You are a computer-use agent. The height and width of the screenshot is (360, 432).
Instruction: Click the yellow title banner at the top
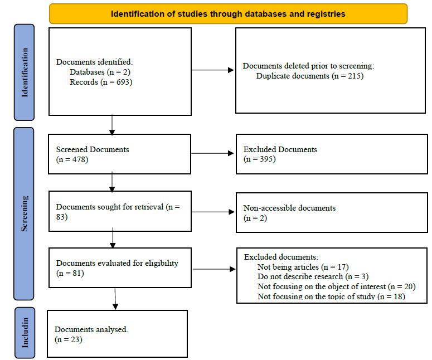pyautogui.click(x=228, y=14)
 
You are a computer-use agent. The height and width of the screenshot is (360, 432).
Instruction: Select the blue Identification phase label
pyautogui.click(x=24, y=72)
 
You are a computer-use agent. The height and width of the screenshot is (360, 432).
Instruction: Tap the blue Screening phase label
pyautogui.click(x=24, y=215)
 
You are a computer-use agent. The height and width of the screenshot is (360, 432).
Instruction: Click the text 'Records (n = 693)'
pyautogui.click(x=101, y=82)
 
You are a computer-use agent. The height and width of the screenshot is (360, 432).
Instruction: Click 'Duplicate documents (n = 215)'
pyautogui.click(x=309, y=75)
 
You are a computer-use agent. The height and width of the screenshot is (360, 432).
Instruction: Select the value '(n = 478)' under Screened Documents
pyautogui.click(x=72, y=159)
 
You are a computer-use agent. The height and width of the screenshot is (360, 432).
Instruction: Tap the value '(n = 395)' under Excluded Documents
pyautogui.click(x=260, y=159)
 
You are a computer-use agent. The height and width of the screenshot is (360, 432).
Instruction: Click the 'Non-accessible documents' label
pyautogui.click(x=289, y=208)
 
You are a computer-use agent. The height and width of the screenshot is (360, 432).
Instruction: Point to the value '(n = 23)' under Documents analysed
pyautogui.click(x=69, y=339)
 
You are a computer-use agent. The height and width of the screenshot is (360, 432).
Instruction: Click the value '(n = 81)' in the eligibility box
pyautogui.click(x=70, y=273)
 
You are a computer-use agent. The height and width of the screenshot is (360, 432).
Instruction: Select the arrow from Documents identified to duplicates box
pyautogui.click(x=213, y=70)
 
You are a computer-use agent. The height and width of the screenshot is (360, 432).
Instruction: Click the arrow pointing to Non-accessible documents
pyautogui.click(x=213, y=212)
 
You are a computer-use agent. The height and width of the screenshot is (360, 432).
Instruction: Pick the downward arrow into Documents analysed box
pyautogui.click(x=115, y=298)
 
